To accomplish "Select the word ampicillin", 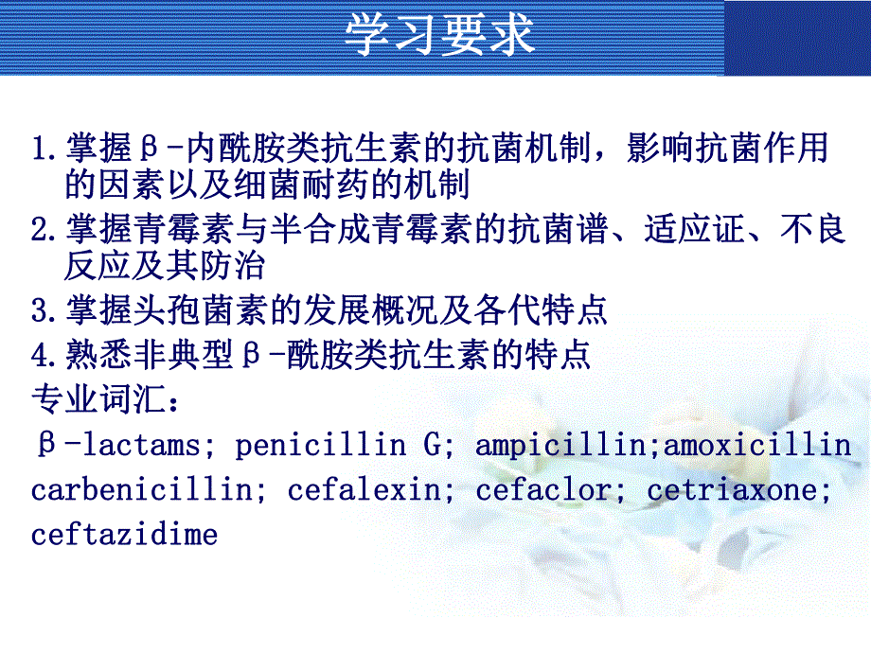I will click(559, 446).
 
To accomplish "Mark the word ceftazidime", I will click(124, 535).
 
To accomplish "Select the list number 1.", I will click(40, 150).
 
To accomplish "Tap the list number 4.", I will click(40, 356).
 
